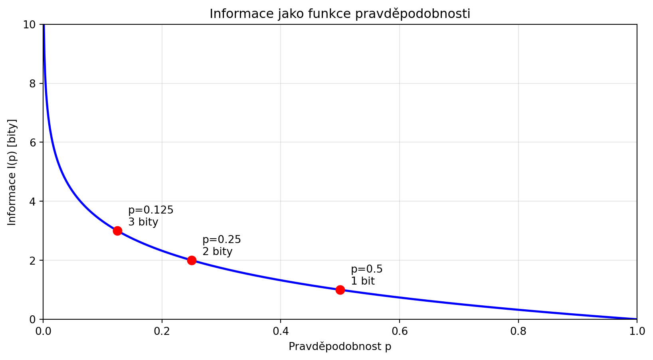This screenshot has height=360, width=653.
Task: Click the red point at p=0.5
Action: pyautogui.click(x=340, y=290)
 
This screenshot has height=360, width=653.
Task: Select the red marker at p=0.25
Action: pyautogui.click(x=192, y=260)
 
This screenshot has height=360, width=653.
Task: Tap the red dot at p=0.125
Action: pyautogui.click(x=117, y=231)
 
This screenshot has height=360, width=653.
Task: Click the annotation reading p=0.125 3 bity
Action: pyautogui.click(x=150, y=216)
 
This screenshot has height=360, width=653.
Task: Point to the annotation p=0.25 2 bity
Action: pyautogui.click(x=222, y=245)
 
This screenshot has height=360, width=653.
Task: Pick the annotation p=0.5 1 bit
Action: pyautogui.click(x=366, y=275)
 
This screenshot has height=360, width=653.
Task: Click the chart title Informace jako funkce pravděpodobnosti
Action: pyautogui.click(x=340, y=14)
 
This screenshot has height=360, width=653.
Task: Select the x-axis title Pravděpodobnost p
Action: pyautogui.click(x=340, y=346)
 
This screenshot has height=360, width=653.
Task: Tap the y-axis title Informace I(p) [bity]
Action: pyautogui.click(x=12, y=172)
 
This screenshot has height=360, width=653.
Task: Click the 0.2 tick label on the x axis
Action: pyautogui.click(x=162, y=331)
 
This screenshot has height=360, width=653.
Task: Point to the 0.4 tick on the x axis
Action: pyautogui.click(x=281, y=331)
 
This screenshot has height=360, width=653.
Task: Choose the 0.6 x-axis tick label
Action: pyautogui.click(x=399, y=331)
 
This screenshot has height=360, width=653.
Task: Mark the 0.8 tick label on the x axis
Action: pyautogui.click(x=518, y=331)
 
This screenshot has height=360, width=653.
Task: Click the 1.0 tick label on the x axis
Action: pyautogui.click(x=637, y=331)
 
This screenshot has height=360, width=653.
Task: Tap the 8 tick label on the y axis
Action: pyautogui.click(x=33, y=84)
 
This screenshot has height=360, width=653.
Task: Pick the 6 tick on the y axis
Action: pyautogui.click(x=33, y=142)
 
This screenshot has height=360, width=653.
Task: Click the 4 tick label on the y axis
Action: pyautogui.click(x=33, y=202)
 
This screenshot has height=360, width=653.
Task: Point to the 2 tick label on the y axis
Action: pyautogui.click(x=33, y=260)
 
